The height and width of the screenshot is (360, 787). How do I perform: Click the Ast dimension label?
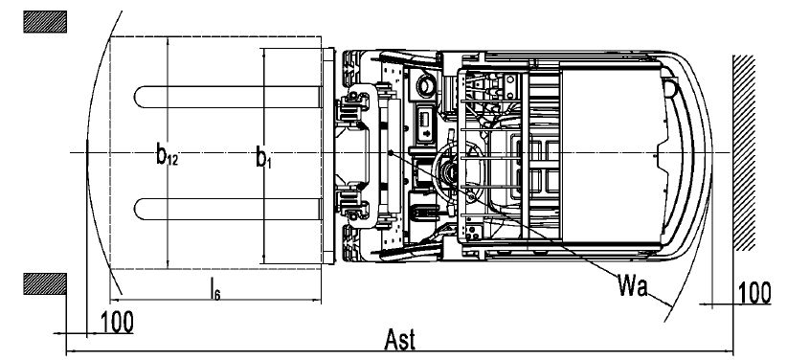tap(400, 340)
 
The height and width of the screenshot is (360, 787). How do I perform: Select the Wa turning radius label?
tap(633, 285)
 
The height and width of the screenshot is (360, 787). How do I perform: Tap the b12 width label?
tap(168, 155)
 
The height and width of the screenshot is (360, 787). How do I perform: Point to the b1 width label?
tap(263, 157)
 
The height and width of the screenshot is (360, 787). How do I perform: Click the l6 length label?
tap(214, 288)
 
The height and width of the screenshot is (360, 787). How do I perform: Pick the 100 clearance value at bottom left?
tap(118, 323)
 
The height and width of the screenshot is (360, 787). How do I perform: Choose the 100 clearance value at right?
tap(754, 293)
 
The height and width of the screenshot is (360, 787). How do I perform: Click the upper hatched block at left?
tap(45, 22)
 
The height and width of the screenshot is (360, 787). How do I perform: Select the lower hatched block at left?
tap(45, 283)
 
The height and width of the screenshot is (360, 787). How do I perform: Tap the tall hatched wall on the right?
tap(744, 152)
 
